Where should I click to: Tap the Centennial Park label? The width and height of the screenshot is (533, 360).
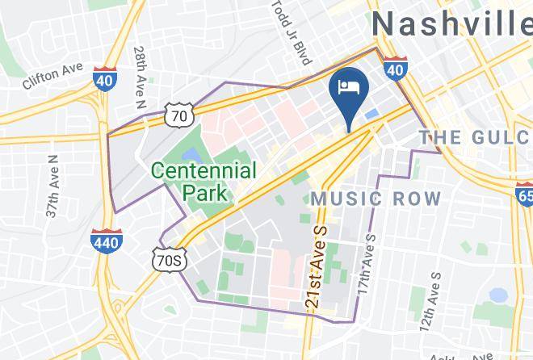coord(204,182)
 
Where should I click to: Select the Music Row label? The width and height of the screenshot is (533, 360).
coord(376,199)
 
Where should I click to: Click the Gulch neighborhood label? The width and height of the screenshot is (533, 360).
coord(474,137)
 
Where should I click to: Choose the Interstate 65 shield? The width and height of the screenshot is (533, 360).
coord(523,193)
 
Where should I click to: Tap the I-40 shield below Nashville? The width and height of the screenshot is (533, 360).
coord(394,70)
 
